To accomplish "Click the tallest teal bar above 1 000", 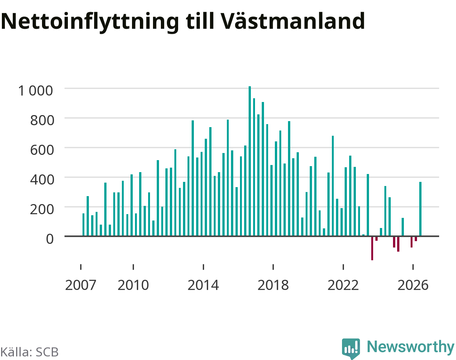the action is coord(250,161).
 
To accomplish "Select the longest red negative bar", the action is coord(372,248).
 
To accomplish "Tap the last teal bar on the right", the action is coord(420,209).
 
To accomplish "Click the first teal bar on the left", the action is coord(83,225).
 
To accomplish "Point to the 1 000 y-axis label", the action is coord(36,91).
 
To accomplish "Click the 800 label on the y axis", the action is coord(42,120).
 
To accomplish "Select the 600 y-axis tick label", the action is coord(42,150).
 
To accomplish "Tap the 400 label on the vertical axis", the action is coord(42,180).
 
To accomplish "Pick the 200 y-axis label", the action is coord(42,209).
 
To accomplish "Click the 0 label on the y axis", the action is coord(50,239).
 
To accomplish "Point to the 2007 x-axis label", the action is coord(81,285).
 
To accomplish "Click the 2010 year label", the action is coord(133,285).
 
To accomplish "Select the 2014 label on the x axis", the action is coord(203,285).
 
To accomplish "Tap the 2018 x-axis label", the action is coord(273,285).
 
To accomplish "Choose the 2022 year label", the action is coord(343,285).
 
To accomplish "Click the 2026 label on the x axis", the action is coord(413,285).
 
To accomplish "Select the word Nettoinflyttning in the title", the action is coord(90,22).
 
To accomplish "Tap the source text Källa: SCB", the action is coord(30,352).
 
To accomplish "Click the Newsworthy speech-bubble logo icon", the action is coord(351,348).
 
